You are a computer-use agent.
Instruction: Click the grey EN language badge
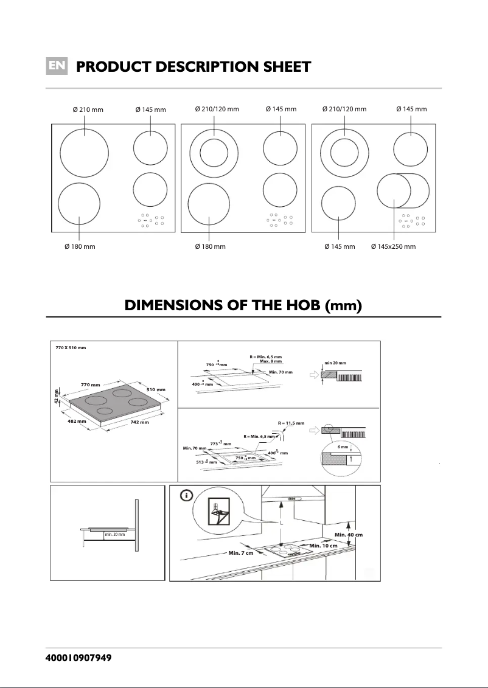click(x=57, y=66)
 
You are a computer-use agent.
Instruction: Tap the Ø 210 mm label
click(x=88, y=110)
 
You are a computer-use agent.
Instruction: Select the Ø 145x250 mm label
click(x=393, y=246)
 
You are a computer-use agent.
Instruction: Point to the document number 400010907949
click(x=78, y=659)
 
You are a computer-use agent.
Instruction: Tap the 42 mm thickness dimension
click(x=57, y=395)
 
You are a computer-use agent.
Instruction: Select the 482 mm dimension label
click(x=77, y=421)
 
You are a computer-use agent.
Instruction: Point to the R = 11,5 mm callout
click(x=291, y=422)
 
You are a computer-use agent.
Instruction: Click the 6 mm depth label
click(x=343, y=447)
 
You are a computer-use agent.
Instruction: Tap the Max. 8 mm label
click(x=271, y=361)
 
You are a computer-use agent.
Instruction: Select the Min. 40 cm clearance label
click(x=349, y=535)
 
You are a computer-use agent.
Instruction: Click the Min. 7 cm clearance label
click(x=241, y=553)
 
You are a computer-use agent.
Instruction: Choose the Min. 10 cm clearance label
click(x=323, y=546)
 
